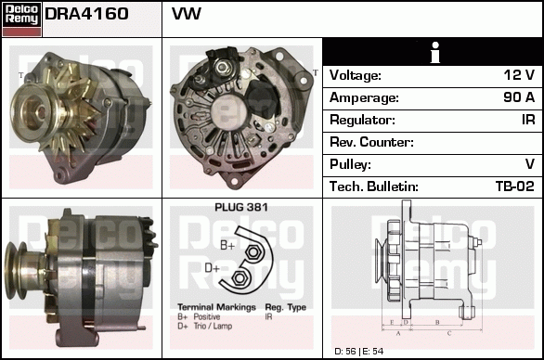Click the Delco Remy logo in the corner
21,19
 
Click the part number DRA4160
86,14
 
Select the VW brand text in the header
187,14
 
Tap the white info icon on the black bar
435,52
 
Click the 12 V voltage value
519,75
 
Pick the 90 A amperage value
519,97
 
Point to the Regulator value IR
528,120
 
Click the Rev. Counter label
371,142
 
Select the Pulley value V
530,164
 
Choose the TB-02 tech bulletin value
515,186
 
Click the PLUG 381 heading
241,208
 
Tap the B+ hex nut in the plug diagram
253,252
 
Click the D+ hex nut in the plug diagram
239,278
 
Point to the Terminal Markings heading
216,307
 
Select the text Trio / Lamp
213,326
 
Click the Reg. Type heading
286,307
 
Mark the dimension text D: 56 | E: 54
359,352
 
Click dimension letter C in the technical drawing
449,334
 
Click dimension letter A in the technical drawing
398,334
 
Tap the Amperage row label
364,97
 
